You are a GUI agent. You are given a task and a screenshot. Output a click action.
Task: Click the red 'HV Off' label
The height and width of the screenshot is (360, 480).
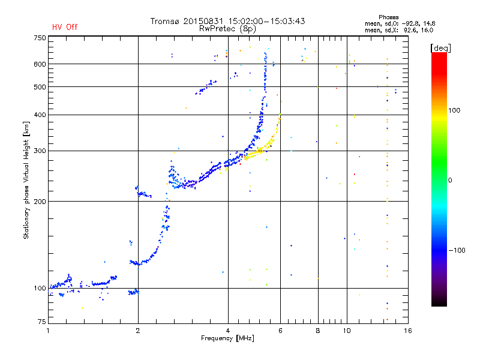[65, 27]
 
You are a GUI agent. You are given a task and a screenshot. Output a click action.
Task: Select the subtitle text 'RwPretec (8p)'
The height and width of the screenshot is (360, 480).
[227, 29]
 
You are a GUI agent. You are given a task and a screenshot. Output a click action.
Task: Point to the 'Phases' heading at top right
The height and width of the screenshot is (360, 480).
[388, 17]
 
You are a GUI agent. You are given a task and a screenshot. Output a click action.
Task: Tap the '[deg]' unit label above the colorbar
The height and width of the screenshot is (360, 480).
[440, 48]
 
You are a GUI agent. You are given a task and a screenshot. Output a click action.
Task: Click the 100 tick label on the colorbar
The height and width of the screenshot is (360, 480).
[454, 110]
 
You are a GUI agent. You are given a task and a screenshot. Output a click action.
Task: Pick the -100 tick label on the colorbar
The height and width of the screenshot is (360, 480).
[457, 250]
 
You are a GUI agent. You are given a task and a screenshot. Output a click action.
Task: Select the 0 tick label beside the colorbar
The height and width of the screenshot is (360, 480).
[450, 180]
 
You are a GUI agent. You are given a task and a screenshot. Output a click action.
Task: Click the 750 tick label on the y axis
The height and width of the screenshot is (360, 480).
[40, 38]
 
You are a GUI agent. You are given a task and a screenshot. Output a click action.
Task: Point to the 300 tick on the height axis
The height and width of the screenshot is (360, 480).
[40, 151]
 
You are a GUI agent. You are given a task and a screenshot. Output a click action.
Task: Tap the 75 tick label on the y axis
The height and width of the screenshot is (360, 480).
[42, 322]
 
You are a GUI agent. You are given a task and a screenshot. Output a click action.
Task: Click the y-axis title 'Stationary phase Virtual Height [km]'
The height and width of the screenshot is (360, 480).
[26, 181]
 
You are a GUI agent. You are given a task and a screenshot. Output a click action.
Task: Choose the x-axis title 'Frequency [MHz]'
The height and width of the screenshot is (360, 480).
[227, 338]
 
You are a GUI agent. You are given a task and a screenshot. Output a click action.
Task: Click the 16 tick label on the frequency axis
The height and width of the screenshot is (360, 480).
[408, 331]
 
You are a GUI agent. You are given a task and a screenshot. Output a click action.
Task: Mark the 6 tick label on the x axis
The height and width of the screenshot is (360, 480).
[280, 331]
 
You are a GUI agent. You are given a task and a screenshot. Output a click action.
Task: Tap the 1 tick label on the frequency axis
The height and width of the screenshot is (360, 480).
[49, 331]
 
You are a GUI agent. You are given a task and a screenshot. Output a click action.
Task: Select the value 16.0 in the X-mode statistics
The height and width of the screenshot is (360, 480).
[428, 30]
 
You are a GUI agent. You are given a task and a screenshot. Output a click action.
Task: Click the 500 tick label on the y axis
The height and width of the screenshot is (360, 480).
[40, 86]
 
